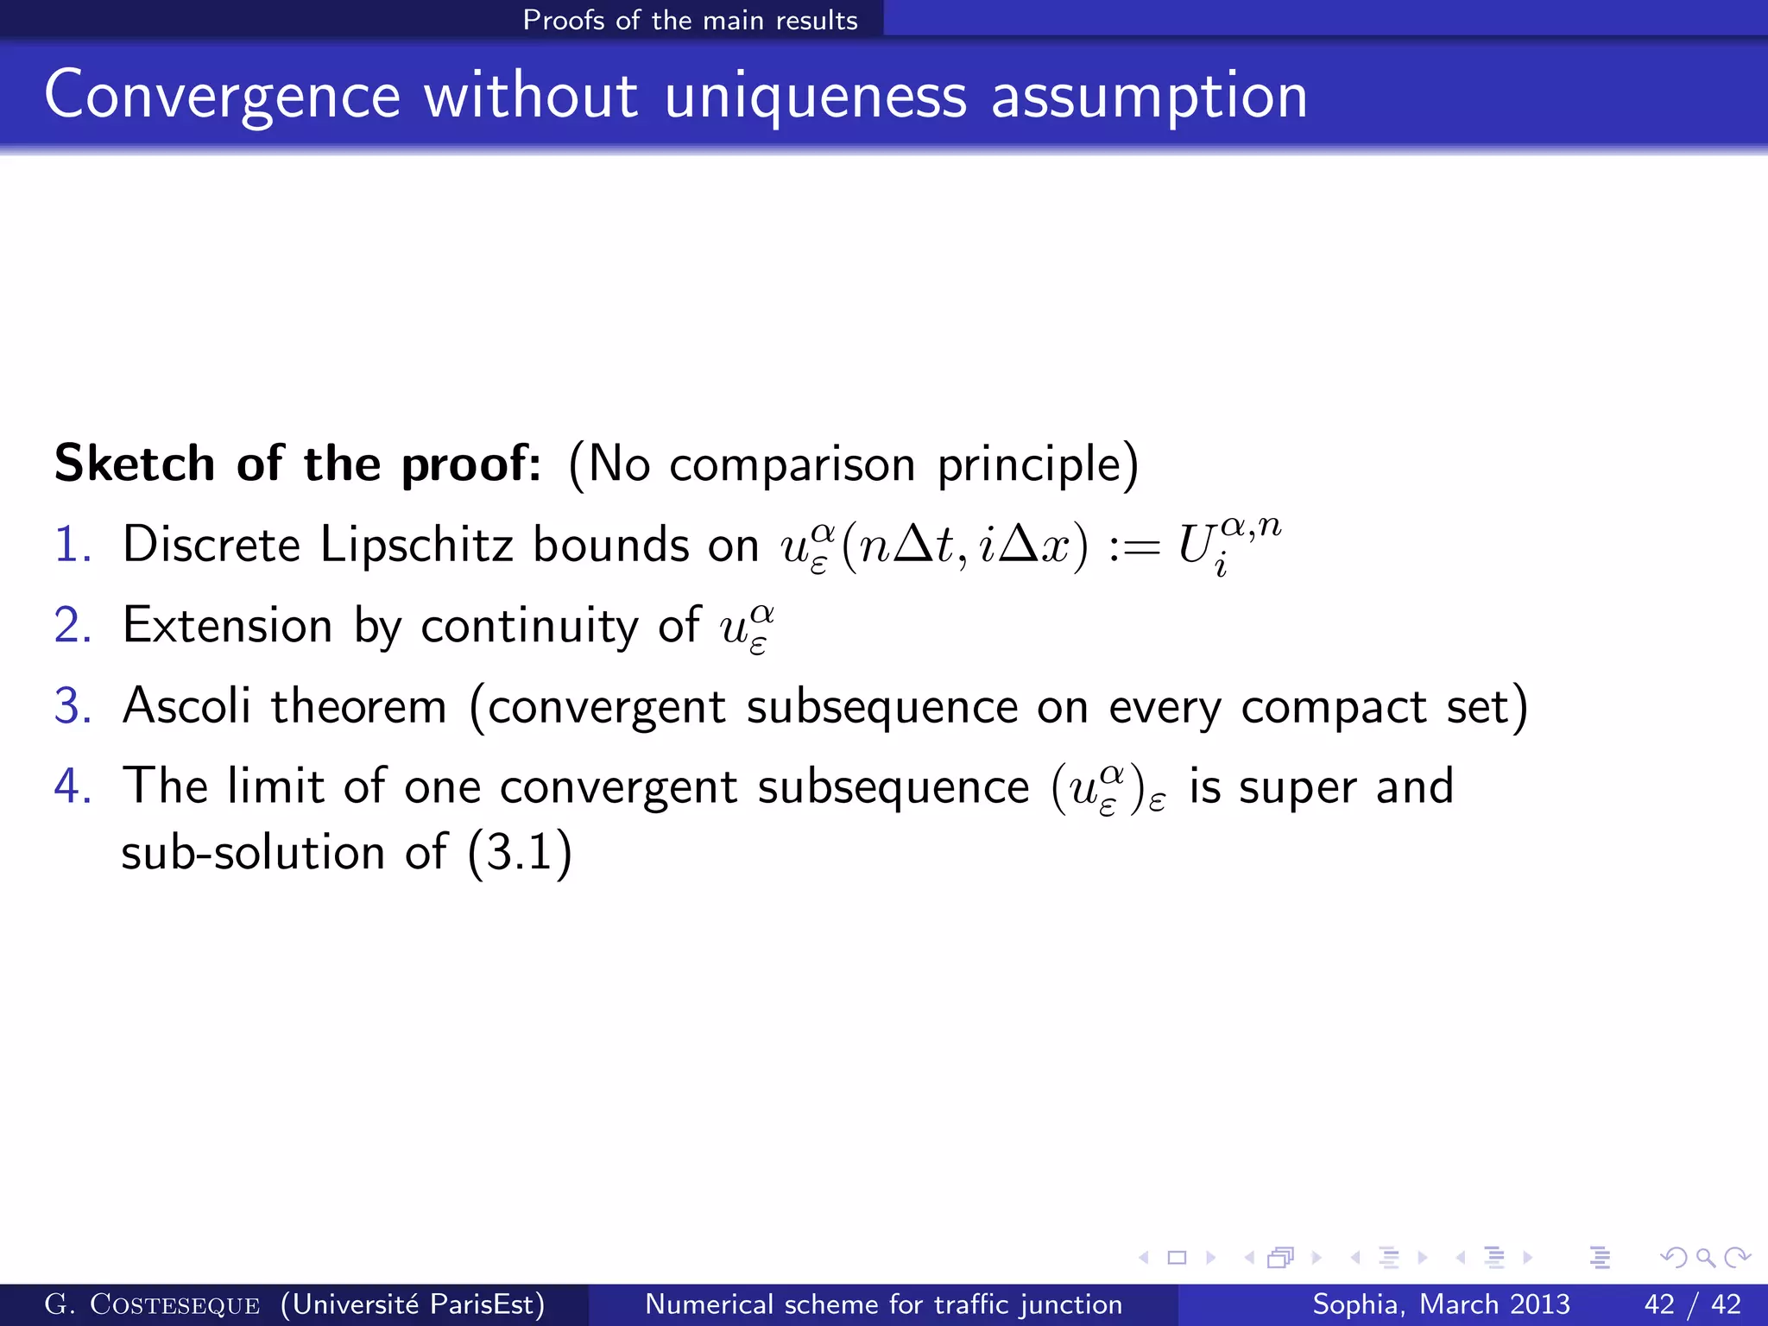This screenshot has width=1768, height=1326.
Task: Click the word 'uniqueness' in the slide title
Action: click(815, 97)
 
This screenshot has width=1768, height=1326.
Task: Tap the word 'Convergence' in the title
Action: click(222, 97)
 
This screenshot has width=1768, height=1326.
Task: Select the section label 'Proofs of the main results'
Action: click(690, 20)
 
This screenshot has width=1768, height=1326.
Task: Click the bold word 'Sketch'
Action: click(134, 464)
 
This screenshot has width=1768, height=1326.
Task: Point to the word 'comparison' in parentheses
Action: click(792, 465)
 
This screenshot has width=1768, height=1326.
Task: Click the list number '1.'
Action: click(73, 546)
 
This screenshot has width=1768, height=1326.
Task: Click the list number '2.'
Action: click(73, 626)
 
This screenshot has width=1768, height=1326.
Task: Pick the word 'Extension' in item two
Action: click(227, 626)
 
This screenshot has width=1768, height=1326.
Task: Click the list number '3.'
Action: click(73, 706)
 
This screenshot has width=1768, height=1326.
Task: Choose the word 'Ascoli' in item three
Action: click(186, 706)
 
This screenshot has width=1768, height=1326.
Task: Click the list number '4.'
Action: click(73, 786)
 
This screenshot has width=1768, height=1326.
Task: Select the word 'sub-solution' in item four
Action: click(252, 853)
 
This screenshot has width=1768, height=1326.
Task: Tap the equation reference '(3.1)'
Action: click(519, 853)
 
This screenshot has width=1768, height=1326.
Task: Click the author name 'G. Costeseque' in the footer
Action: click(152, 1304)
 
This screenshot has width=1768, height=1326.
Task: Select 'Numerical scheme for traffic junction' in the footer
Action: click(883, 1304)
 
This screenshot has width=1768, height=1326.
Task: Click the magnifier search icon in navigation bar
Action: click(1705, 1258)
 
